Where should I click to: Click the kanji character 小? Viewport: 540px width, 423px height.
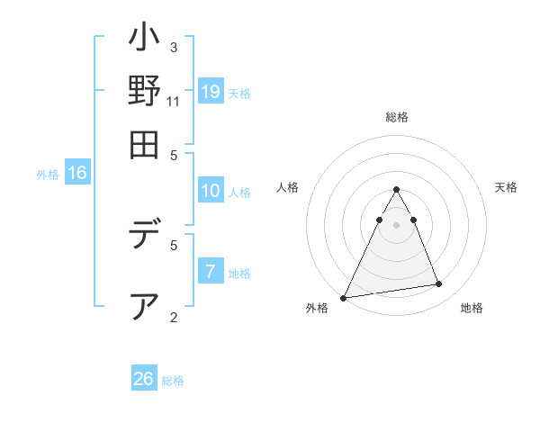[x=144, y=41]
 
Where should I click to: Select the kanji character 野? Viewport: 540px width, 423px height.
[x=144, y=93]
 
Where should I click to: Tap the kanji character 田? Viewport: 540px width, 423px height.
[x=144, y=145]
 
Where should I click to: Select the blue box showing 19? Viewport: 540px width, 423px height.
[x=211, y=91]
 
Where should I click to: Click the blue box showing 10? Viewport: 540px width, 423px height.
[x=211, y=191]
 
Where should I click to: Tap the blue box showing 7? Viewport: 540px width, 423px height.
[x=211, y=272]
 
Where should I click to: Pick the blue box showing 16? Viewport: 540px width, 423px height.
[x=77, y=174]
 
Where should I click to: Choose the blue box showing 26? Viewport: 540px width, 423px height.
[x=144, y=379]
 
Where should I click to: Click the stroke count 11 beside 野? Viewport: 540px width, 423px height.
[x=174, y=101]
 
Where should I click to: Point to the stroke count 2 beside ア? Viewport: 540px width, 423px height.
[x=174, y=317]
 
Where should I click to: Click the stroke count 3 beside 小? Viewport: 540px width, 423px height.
[x=174, y=47]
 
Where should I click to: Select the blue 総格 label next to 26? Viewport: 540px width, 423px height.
[x=173, y=381]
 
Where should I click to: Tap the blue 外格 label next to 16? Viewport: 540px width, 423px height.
[x=48, y=175]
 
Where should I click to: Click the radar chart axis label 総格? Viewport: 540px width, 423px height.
[x=396, y=118]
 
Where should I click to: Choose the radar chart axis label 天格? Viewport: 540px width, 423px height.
[x=507, y=187]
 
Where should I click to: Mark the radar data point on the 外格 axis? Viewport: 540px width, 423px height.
[x=344, y=297]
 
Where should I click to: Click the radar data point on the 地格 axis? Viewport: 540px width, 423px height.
[x=439, y=284]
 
